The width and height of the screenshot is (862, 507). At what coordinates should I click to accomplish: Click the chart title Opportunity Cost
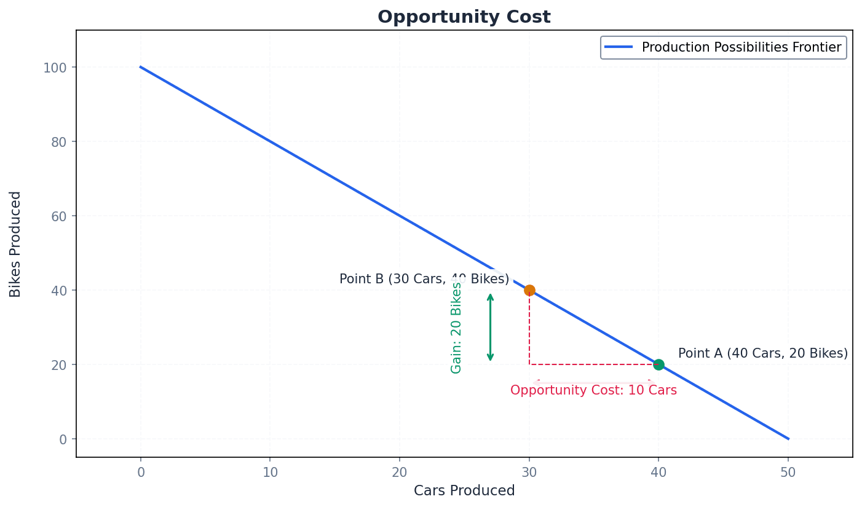(464, 17)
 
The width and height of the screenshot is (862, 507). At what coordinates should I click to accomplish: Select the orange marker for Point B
(529, 290)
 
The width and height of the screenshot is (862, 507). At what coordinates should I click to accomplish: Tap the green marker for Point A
(658, 364)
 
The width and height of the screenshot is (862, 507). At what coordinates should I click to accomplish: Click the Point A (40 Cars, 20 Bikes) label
(762, 353)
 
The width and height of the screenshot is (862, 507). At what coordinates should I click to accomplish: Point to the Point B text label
(424, 279)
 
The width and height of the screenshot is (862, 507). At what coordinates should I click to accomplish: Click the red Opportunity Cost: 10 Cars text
(593, 390)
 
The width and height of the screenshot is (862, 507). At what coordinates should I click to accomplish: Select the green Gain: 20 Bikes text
(456, 328)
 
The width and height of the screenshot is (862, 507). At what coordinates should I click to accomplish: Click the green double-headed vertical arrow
(490, 328)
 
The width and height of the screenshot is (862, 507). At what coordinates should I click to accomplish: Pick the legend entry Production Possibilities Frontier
(741, 47)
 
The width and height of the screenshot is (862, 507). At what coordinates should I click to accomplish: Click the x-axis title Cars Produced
(464, 490)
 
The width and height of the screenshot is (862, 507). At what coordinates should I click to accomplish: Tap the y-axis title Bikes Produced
(15, 244)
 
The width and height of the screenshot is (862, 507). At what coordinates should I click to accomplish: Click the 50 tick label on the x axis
(788, 472)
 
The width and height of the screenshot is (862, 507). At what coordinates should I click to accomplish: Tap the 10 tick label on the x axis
(270, 472)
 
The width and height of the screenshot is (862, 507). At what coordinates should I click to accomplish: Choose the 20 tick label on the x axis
(400, 472)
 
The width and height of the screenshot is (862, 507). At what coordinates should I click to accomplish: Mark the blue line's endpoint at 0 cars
(141, 67)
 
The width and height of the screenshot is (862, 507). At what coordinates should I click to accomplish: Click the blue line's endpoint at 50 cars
(788, 439)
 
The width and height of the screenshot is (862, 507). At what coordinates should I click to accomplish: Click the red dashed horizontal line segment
(593, 364)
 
